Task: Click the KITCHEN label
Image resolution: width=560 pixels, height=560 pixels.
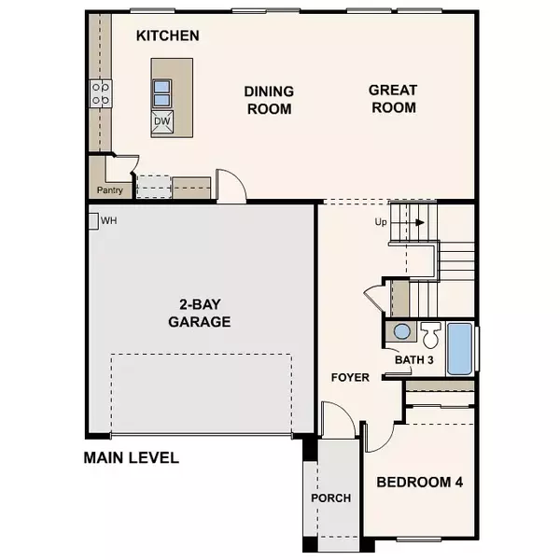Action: pyautogui.click(x=168, y=36)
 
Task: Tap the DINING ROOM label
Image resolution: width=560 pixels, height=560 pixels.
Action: pyautogui.click(x=269, y=100)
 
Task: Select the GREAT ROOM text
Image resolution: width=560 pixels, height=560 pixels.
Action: pyautogui.click(x=392, y=99)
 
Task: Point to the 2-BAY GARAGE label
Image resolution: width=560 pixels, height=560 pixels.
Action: pyautogui.click(x=200, y=313)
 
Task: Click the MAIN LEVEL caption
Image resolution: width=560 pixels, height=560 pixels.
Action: pyautogui.click(x=131, y=458)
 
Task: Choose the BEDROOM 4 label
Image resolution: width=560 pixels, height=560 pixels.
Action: pyautogui.click(x=420, y=483)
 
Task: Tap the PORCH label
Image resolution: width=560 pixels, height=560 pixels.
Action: pyautogui.click(x=331, y=498)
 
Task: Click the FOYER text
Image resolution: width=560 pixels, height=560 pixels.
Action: pyautogui.click(x=351, y=378)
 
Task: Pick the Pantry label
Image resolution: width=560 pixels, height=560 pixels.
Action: pyautogui.click(x=110, y=190)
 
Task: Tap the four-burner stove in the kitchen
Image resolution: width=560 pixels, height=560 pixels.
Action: pyautogui.click(x=100, y=92)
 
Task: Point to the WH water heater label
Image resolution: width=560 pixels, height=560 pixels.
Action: pyautogui.click(x=108, y=221)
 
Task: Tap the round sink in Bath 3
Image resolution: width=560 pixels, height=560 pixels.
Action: pyautogui.click(x=401, y=331)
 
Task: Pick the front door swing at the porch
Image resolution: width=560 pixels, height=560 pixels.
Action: pyautogui.click(x=337, y=418)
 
